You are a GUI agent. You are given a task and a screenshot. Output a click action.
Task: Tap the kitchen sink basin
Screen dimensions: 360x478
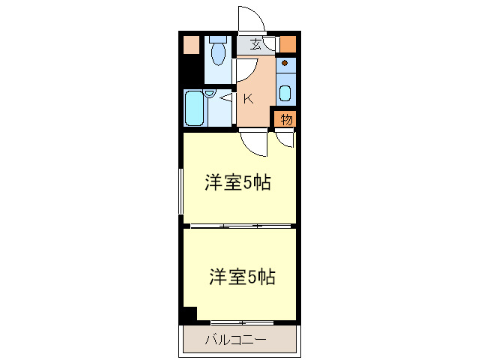(285, 94)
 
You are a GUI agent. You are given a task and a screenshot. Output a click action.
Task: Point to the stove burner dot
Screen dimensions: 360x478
(285, 64)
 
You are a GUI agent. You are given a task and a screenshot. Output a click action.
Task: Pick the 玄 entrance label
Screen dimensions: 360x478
(256, 44)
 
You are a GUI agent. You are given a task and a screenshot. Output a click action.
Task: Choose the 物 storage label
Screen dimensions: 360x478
(286, 119)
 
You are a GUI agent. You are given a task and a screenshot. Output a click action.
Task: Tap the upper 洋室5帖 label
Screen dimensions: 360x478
(238, 182)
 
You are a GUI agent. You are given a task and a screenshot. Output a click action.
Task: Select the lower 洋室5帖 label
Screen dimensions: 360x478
(241, 277)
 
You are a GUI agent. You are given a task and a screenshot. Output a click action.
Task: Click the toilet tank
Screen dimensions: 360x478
(218, 38)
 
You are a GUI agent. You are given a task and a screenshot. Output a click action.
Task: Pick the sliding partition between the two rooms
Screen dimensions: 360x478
(240, 226)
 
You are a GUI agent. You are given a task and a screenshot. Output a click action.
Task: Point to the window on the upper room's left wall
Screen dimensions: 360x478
(181, 192)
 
